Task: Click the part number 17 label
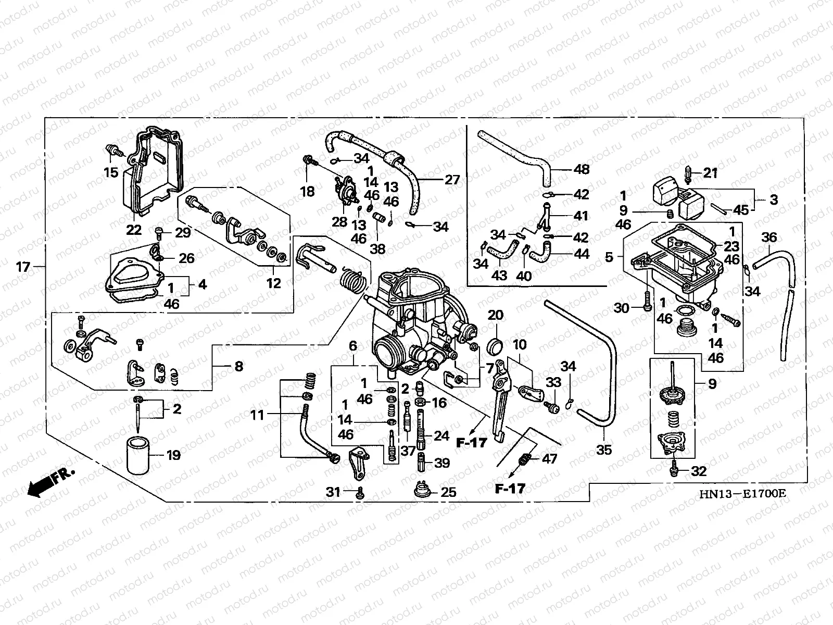[23, 267]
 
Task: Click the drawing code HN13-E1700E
[743, 494]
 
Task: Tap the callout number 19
[173, 455]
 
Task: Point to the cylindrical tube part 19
[137, 455]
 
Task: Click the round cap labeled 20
[495, 345]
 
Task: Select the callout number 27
[452, 180]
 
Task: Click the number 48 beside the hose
[582, 169]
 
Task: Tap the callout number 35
[604, 449]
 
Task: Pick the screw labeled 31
[360, 493]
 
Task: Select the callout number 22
[134, 230]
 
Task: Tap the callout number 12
[273, 283]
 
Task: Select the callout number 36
[769, 237]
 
